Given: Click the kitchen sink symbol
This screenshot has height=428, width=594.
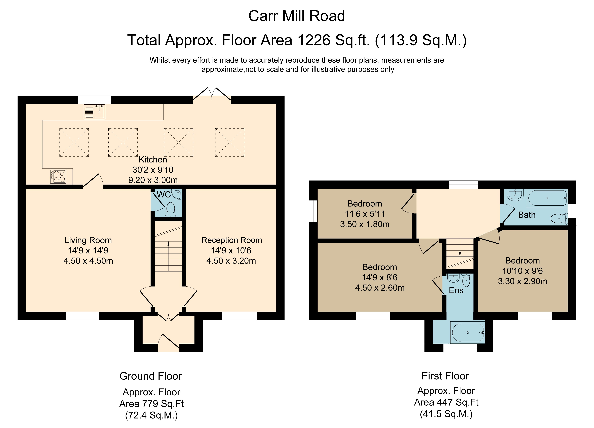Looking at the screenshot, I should [x=94, y=112].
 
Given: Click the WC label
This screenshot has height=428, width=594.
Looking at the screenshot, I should [x=164, y=195].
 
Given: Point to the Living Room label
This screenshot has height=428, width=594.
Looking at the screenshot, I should [x=88, y=240].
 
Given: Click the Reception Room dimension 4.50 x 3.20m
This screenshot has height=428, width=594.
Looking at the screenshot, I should [x=231, y=261].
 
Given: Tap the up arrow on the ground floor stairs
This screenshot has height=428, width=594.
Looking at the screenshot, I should [x=168, y=244].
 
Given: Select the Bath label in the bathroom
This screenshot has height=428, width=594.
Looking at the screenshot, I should [x=527, y=215].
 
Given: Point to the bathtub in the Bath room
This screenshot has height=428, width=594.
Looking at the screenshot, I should [x=547, y=198].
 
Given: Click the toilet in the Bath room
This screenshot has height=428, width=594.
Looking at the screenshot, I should [x=559, y=218].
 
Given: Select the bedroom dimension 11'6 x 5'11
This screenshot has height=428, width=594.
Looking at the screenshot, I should [x=365, y=214].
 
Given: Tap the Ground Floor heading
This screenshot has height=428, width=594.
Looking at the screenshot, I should [x=151, y=376].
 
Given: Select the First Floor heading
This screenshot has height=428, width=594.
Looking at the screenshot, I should [x=445, y=376].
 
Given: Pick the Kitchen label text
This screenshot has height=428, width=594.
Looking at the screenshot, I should [x=153, y=159].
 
